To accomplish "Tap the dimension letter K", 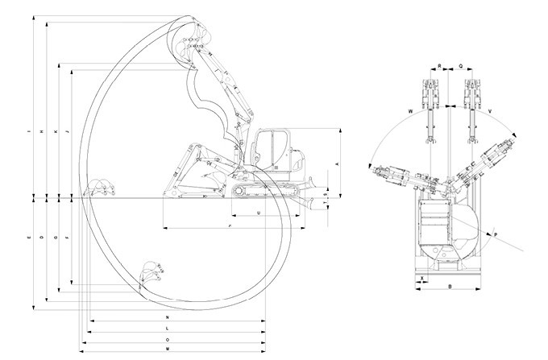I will [56, 131].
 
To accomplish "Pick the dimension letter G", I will [56, 239].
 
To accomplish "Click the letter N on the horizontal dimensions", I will [167, 319].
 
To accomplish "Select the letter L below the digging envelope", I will [167, 329].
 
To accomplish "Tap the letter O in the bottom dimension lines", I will [167, 340].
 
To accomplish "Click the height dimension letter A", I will [337, 163].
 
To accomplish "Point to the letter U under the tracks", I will [257, 213].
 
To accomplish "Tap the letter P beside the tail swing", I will [496, 234].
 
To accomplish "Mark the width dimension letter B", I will [449, 285].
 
